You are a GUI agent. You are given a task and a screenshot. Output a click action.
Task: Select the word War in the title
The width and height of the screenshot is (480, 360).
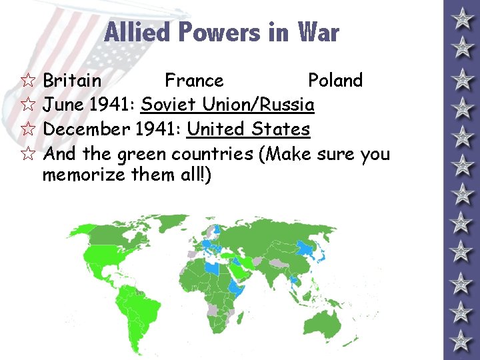point(318,32)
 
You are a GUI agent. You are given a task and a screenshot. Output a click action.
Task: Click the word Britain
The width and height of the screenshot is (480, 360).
point(72,81)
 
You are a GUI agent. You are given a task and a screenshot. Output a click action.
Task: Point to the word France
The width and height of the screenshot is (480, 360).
point(194,81)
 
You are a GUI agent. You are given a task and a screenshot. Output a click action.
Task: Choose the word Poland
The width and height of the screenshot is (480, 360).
point(335,81)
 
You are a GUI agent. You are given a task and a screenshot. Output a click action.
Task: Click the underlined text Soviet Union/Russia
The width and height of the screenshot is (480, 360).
point(227,105)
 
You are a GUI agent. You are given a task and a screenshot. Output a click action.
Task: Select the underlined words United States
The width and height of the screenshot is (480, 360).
point(248,129)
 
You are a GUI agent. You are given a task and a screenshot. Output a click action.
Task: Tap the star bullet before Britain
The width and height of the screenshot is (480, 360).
point(27,81)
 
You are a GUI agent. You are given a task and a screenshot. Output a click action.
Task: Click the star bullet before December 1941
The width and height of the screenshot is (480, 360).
point(27,130)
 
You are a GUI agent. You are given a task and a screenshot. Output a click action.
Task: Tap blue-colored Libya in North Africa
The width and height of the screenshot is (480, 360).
point(213,268)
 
